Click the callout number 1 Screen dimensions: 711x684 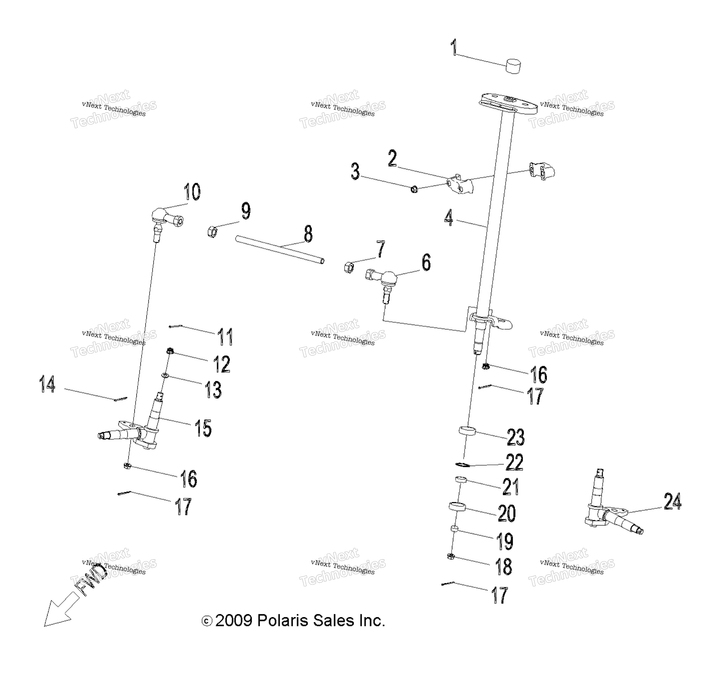tap(454, 48)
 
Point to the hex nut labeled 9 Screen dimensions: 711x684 tap(212, 231)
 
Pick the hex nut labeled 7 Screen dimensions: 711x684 tap(349, 267)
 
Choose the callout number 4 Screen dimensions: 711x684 tap(449, 217)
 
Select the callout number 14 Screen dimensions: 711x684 tap(47, 384)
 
